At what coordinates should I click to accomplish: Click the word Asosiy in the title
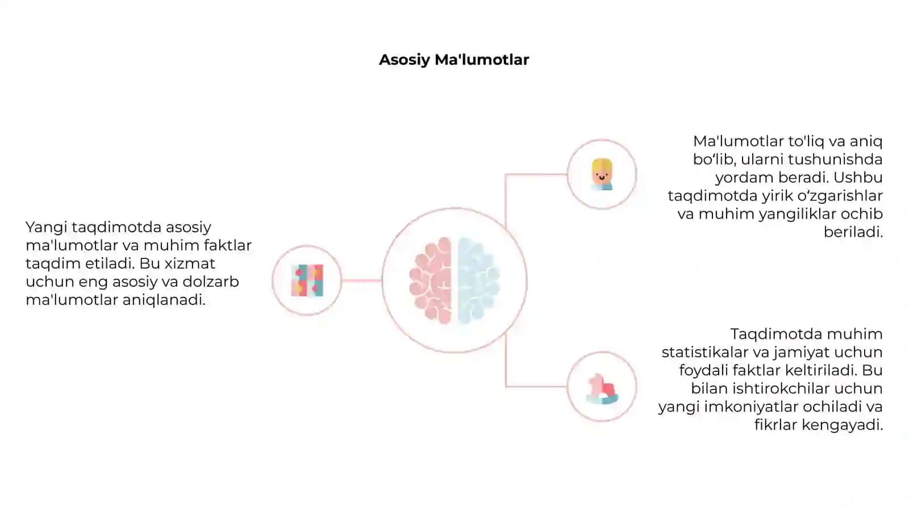404,60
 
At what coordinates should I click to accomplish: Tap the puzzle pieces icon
307,280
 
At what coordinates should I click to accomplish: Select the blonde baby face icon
602,174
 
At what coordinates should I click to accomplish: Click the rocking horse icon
602,389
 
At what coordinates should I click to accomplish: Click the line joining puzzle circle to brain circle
361,280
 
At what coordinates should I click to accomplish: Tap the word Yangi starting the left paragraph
46,228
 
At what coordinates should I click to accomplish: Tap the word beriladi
853,232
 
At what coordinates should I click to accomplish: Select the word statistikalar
705,352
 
